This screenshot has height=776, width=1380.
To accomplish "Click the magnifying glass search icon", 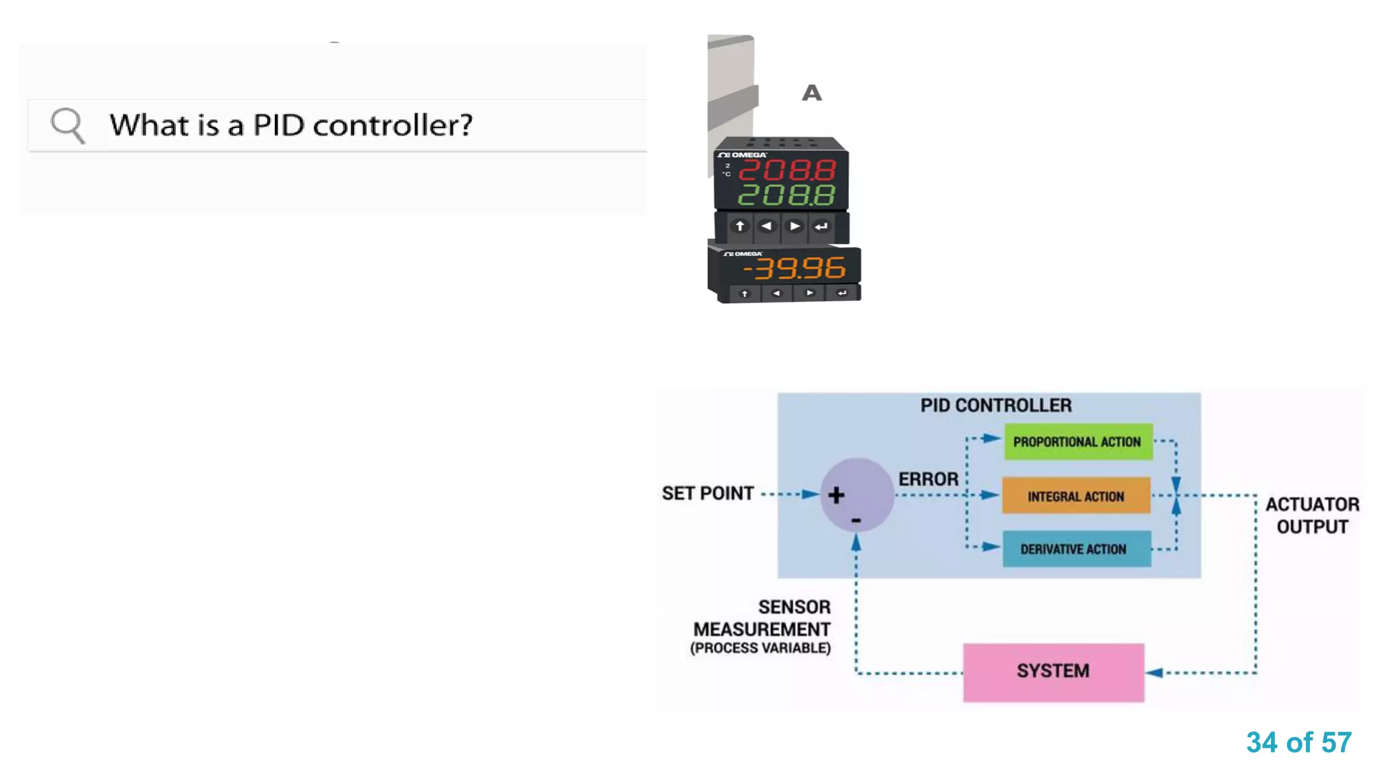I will [x=67, y=125].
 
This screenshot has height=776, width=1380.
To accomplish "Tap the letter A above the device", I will [x=811, y=93].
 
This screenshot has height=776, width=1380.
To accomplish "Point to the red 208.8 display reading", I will [x=787, y=170].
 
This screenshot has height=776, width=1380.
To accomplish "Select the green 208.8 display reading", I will [x=787, y=195].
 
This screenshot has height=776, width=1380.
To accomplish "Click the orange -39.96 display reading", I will [x=794, y=268].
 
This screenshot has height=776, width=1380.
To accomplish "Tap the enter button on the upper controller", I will [x=821, y=226].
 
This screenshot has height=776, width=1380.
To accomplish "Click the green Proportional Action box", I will [x=1077, y=442].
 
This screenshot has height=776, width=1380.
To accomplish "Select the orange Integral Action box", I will [x=1076, y=496].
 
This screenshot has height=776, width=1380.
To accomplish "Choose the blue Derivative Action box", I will [x=1076, y=549].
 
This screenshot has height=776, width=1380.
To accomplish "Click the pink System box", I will [x=1053, y=672].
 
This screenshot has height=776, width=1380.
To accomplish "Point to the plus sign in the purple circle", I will [x=836, y=495].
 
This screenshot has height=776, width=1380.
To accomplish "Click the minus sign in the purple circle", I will [x=856, y=521].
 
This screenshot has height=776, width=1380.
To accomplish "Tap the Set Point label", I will [x=708, y=494].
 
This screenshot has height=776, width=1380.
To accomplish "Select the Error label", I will [x=928, y=479].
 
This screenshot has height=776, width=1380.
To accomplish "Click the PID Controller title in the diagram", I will [x=995, y=406].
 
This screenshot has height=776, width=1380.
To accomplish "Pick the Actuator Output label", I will [x=1312, y=515].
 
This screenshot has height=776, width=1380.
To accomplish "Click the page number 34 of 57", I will [x=1298, y=742].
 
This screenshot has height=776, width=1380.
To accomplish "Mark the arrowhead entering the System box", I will [x=1154, y=672].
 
